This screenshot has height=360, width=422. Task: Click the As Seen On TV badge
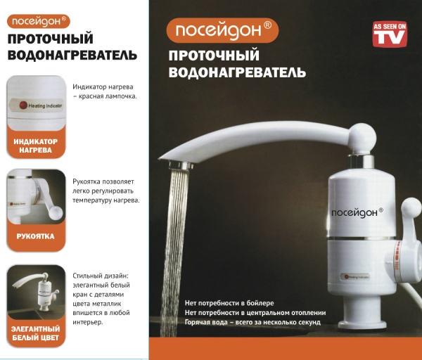pos(390,34)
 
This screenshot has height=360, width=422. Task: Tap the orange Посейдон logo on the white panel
pos(39,22)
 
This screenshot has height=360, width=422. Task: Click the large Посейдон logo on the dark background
pos(222,30)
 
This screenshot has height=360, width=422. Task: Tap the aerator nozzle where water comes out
pos(181,165)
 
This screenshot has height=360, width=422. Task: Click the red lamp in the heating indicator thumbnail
pos(23,105)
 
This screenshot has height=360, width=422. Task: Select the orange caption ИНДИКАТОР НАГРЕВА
pos(36,146)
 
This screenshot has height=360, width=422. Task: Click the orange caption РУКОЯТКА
pos(36,236)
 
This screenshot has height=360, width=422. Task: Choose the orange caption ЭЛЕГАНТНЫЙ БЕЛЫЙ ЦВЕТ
pos(36,333)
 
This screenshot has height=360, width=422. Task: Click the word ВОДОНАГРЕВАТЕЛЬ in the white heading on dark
pos(237,72)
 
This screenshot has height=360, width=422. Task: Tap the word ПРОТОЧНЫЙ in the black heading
pos(51,39)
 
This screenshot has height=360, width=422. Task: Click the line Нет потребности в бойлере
pos(229,303)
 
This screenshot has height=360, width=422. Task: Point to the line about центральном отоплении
pos(255,313)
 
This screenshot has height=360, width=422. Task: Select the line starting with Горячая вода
pos(252,322)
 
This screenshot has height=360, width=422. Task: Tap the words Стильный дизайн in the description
pos(101,276)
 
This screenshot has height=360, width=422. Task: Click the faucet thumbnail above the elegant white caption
pos(36,292)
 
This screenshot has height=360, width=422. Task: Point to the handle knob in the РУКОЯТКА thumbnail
pos(56,212)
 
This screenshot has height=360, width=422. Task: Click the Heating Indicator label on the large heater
pos(355,276)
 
